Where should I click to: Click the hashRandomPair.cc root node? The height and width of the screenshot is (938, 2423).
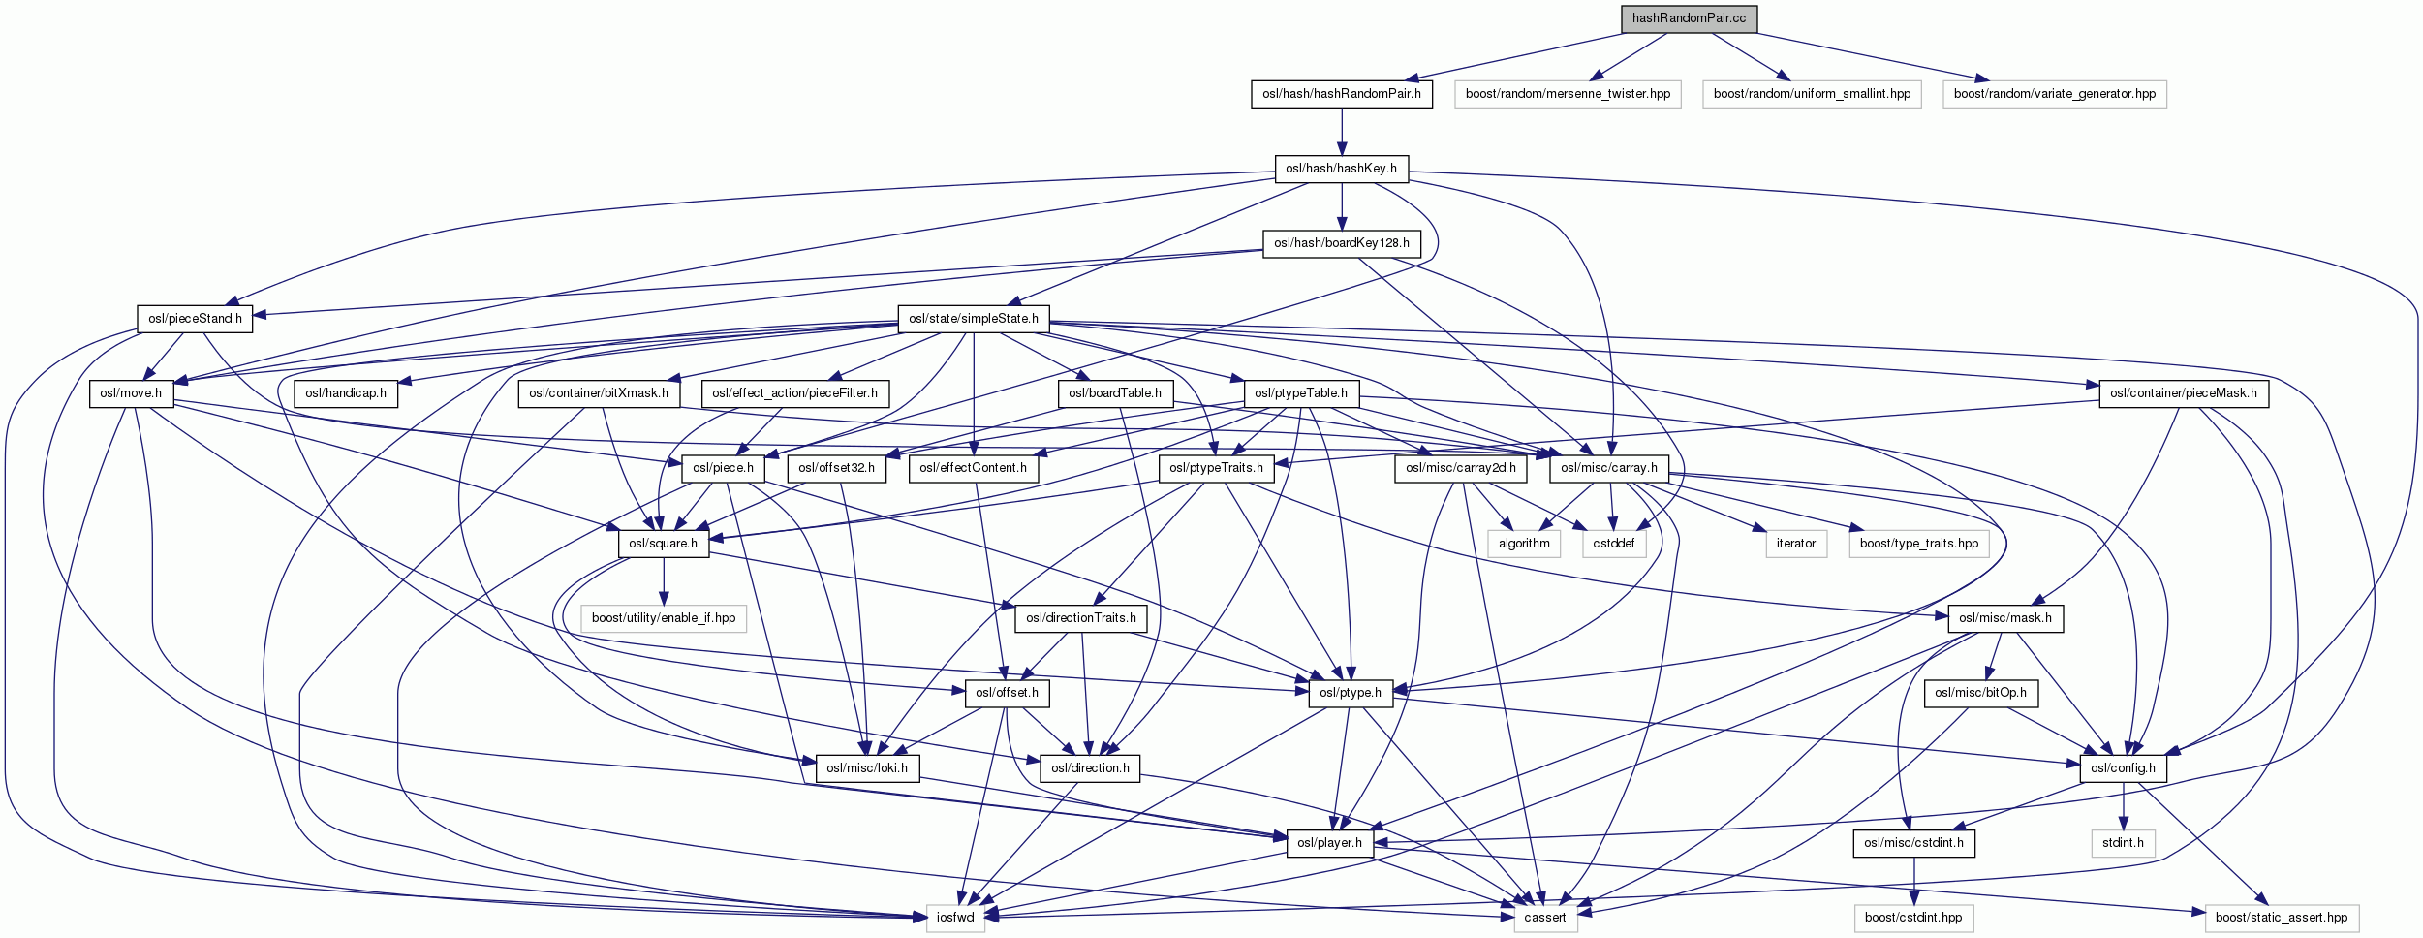pos(1689,18)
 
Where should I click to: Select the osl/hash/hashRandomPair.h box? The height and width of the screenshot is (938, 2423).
pos(1341,94)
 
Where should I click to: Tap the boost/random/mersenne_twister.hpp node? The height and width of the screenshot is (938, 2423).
pos(1568,94)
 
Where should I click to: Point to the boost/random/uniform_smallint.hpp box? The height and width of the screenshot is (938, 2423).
pos(1812,94)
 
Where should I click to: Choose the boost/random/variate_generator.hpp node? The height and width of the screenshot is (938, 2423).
pos(2054,94)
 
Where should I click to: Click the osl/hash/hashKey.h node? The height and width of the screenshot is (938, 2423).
pos(1341,169)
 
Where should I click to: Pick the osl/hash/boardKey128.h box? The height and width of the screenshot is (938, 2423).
pos(1341,243)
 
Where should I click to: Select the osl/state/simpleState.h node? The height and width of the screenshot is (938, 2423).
pos(973,319)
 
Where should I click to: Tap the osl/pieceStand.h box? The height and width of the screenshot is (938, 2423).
pos(195,319)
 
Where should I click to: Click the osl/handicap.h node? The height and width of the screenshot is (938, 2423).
pos(346,393)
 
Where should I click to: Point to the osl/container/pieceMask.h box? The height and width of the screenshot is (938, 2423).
pos(2183,393)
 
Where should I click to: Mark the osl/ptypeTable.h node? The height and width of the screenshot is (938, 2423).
pos(1301,393)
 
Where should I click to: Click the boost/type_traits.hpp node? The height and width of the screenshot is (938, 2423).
pos(1918,544)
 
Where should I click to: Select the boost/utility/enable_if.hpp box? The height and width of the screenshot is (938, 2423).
pos(664,618)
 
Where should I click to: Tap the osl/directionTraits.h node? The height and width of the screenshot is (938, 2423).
pos(1080,618)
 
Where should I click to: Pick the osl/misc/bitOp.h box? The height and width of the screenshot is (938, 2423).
pos(1980,693)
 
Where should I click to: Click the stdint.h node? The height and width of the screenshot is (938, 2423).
pos(2123,843)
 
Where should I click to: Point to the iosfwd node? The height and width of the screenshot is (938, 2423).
pos(955,918)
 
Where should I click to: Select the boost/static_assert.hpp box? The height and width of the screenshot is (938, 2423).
pos(2281,918)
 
